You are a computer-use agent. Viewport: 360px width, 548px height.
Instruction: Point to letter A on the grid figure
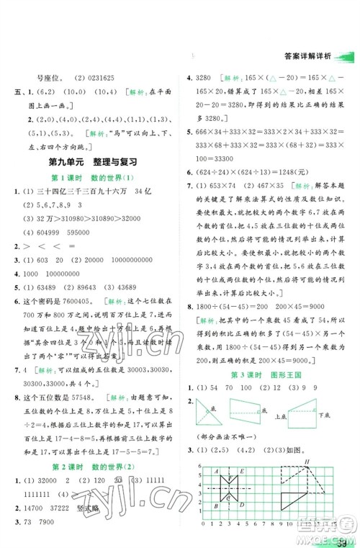point(215,471)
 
